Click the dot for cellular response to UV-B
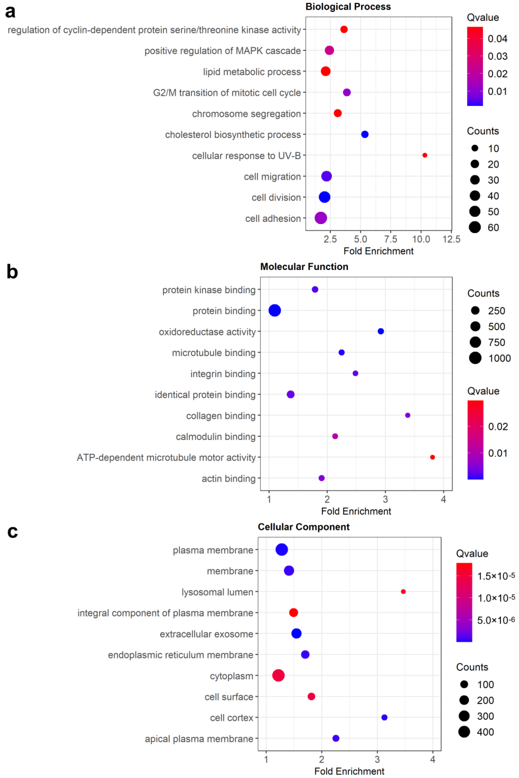425,155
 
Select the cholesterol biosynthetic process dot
365,134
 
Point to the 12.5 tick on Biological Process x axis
451,239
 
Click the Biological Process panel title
348,7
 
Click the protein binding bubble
275,310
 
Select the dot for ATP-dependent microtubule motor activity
432,457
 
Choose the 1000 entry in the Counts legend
490,358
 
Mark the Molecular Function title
304,267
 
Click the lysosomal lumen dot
403,592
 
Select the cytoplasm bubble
278,675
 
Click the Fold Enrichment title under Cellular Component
349,771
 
